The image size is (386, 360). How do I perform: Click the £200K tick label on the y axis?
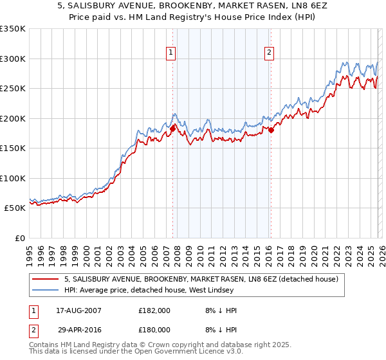[13, 118]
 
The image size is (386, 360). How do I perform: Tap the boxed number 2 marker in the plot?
[268, 53]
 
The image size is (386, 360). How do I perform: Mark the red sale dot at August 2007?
[172, 129]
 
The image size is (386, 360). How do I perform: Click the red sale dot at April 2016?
[271, 130]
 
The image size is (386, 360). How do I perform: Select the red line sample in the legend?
[46, 279]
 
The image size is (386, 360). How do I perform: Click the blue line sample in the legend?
[46, 291]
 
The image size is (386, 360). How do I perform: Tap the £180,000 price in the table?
[154, 329]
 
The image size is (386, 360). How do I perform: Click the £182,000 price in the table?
[154, 310]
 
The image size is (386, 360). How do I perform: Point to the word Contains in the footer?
[44, 345]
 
